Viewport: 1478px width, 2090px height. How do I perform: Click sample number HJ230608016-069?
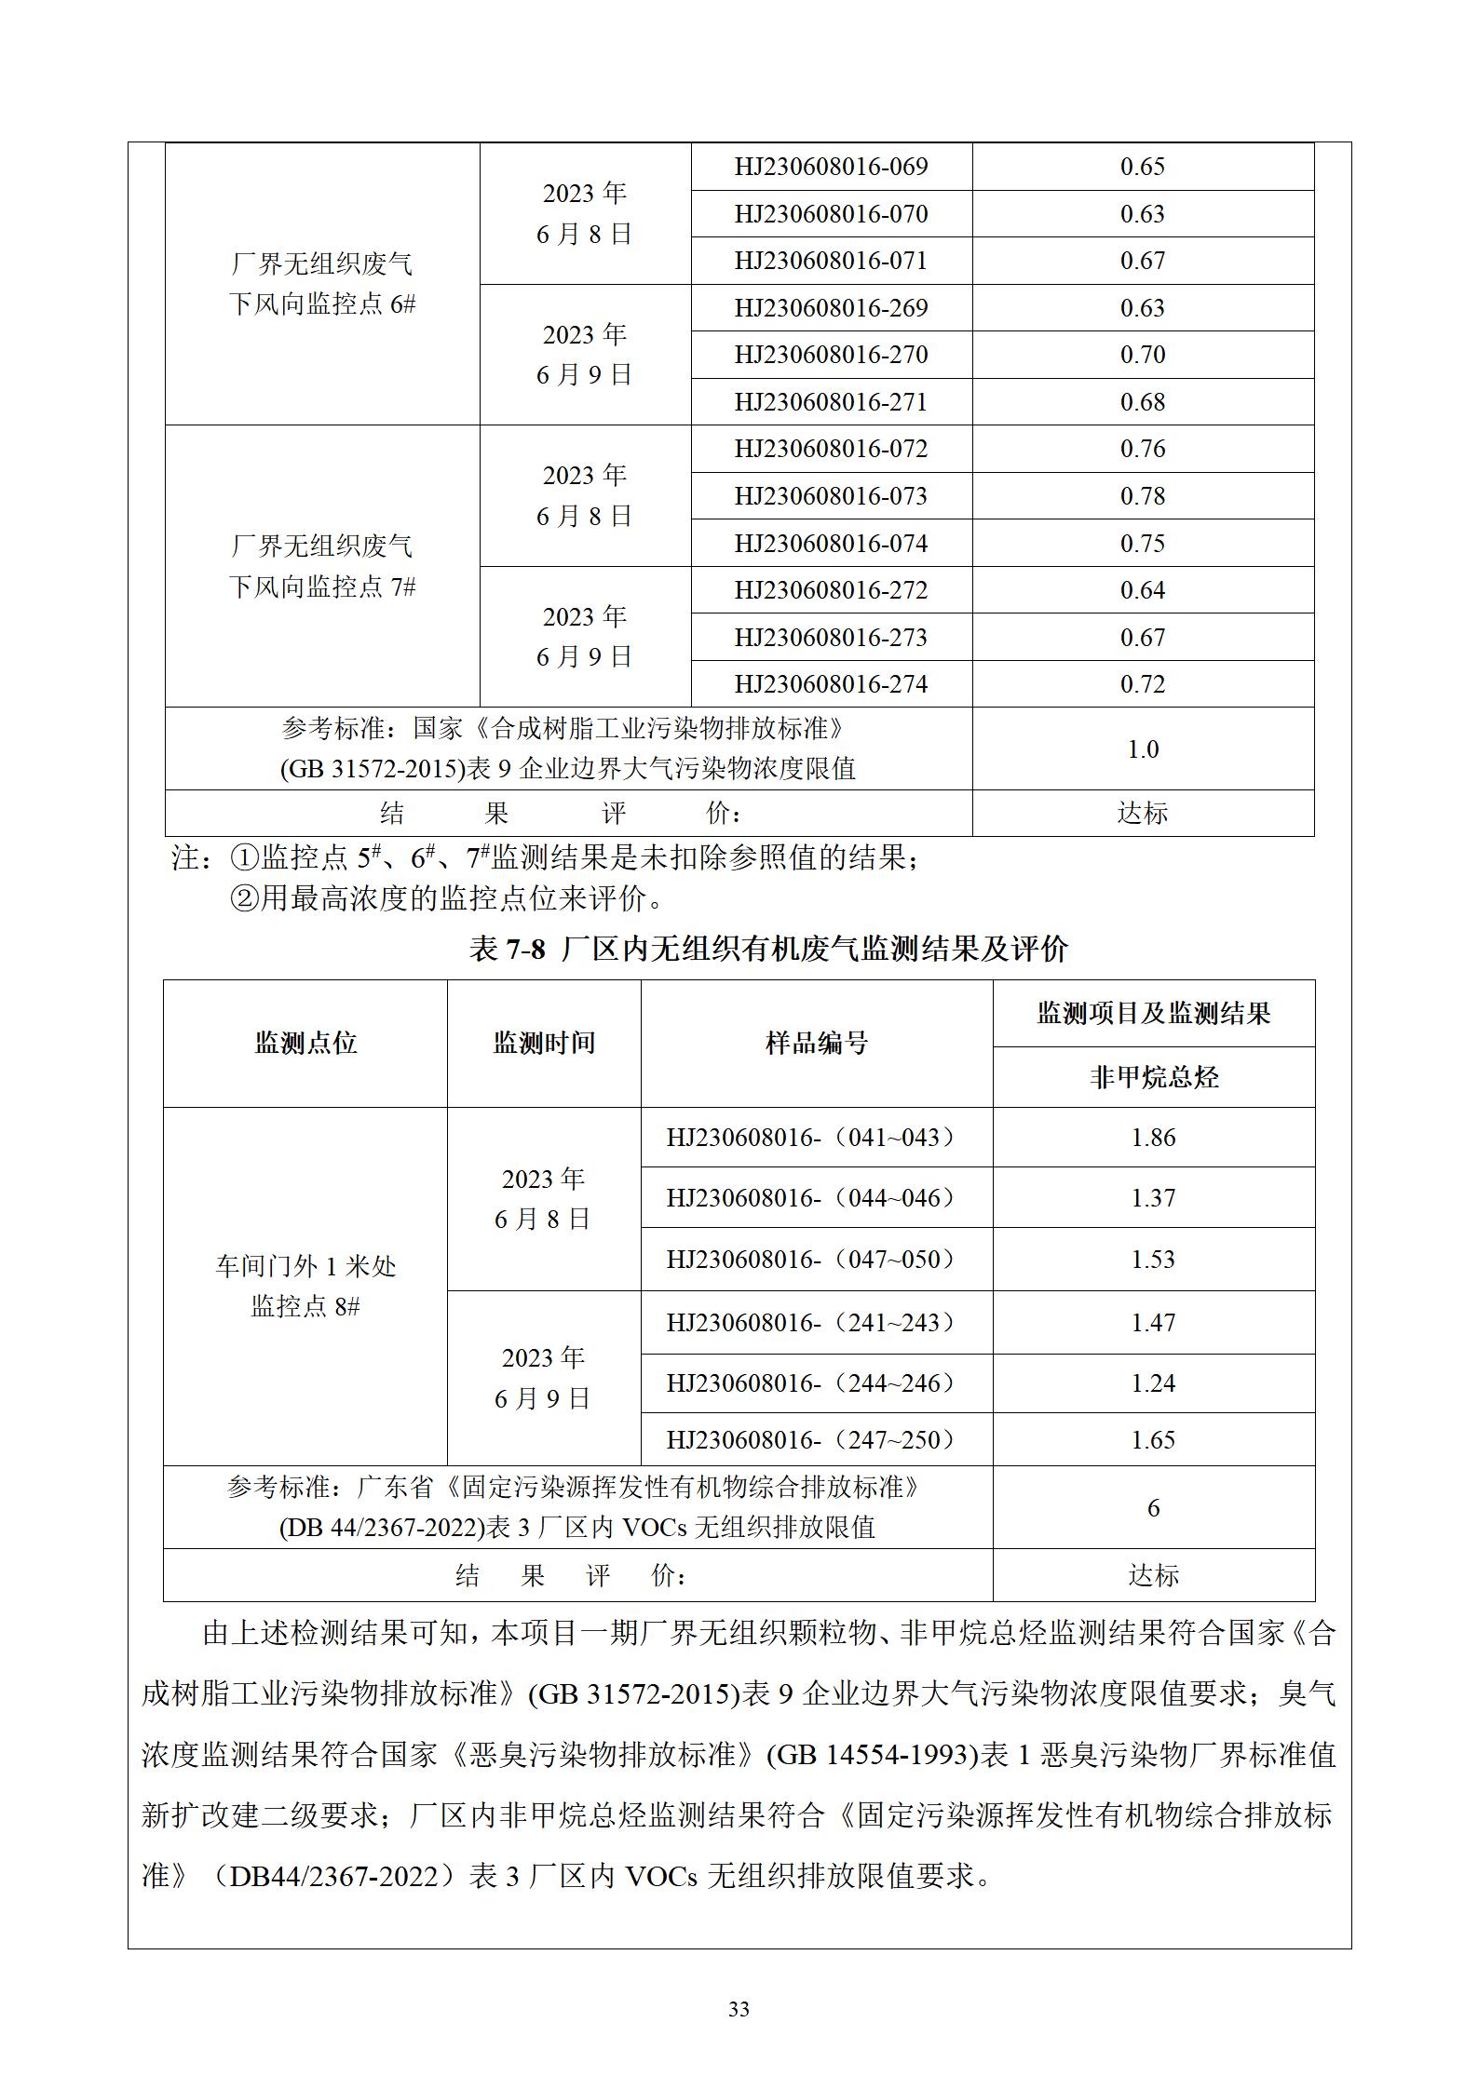pyautogui.click(x=831, y=167)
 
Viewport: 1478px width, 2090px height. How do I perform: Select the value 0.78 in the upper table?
pyautogui.click(x=1142, y=496)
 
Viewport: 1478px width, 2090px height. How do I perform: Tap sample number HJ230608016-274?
pyautogui.click(x=831, y=684)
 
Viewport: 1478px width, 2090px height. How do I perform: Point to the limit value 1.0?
pyautogui.click(x=1142, y=749)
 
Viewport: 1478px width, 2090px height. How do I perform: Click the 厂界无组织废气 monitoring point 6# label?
pyautogui.click(x=322, y=284)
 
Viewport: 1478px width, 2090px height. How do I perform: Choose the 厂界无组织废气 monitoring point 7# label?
pyautogui.click(x=322, y=566)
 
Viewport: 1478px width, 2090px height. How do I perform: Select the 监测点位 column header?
pyautogui.click(x=305, y=1043)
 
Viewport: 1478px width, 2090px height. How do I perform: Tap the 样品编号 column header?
pyautogui.click(x=816, y=1043)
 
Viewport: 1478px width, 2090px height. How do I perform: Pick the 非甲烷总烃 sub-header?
pyautogui.click(x=1153, y=1077)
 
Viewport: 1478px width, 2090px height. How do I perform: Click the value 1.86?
pyautogui.click(x=1153, y=1138)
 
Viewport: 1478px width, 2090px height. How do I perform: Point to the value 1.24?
pyautogui.click(x=1153, y=1383)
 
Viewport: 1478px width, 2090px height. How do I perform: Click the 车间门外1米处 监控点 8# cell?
pyautogui.click(x=305, y=1287)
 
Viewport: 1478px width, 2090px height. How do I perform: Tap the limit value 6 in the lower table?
pyautogui.click(x=1153, y=1508)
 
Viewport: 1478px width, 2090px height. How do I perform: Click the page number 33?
pyautogui.click(x=739, y=2009)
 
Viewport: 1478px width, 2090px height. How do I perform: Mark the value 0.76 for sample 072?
pyautogui.click(x=1142, y=449)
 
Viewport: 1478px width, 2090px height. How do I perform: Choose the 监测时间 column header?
pyautogui.click(x=544, y=1043)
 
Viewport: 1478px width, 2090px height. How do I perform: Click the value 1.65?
pyautogui.click(x=1153, y=1440)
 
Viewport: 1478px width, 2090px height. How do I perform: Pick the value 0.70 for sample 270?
pyautogui.click(x=1142, y=355)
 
